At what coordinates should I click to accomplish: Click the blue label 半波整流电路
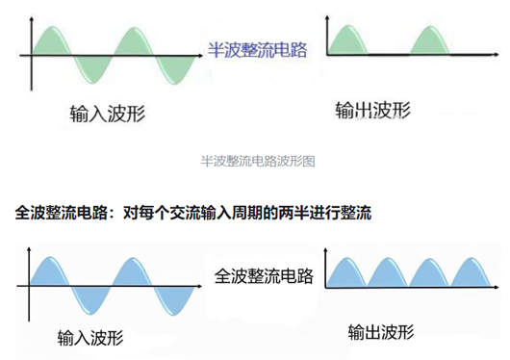[257, 49]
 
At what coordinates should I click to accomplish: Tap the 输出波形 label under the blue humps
[381, 333]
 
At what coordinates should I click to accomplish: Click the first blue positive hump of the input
[54, 270]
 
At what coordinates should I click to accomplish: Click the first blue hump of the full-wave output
[346, 274]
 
